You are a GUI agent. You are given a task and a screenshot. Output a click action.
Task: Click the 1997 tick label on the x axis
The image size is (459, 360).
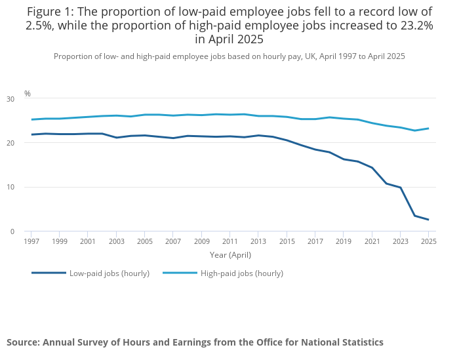click(x=31, y=241)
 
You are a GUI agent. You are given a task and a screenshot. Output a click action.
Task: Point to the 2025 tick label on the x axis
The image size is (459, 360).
click(x=429, y=241)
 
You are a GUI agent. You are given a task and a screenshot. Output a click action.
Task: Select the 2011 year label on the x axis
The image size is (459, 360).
click(x=229, y=241)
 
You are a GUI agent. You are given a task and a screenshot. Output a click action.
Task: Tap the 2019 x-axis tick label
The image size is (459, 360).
click(x=344, y=241)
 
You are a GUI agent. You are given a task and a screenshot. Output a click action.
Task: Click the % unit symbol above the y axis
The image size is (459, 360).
click(x=28, y=94)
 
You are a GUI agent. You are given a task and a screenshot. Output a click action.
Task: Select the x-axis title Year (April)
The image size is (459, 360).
click(x=229, y=254)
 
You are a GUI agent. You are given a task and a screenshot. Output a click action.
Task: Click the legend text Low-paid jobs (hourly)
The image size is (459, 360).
click(x=110, y=273)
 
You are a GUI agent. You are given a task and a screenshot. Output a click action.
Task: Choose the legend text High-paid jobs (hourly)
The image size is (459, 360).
click(x=243, y=273)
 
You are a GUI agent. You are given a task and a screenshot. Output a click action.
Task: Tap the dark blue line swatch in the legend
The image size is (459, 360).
click(x=49, y=273)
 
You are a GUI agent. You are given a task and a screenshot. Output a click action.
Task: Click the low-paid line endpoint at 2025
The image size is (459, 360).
click(x=428, y=220)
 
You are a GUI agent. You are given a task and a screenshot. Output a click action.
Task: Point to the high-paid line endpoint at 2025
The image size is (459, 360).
click(x=428, y=129)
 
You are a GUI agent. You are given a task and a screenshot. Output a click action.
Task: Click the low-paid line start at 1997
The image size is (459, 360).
click(x=31, y=134)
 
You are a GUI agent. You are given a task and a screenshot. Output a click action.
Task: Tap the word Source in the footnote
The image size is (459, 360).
click(x=22, y=342)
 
